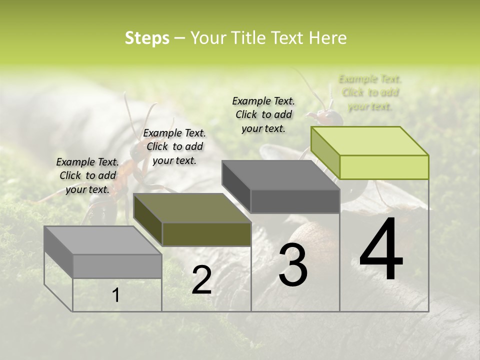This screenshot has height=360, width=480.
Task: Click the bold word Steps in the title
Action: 147,38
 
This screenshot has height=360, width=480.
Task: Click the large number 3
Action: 293,265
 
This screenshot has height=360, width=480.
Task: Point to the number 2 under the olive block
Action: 201,280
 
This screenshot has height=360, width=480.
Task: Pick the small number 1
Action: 115,295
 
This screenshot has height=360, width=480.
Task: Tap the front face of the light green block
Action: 384,167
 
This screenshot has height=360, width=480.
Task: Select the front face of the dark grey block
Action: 295,201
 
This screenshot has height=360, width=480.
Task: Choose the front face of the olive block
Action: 206,234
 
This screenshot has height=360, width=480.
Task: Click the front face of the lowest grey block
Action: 117,266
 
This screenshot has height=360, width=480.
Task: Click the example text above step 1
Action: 87,176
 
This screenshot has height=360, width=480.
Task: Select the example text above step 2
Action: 174,147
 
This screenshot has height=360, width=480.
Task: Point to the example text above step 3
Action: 263,115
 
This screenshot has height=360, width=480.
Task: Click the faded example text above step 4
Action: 370,92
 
